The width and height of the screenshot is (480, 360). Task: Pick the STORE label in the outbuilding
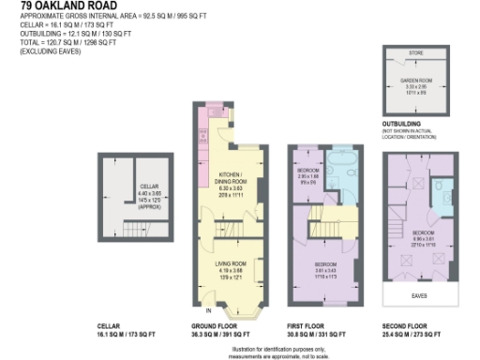click(414, 53)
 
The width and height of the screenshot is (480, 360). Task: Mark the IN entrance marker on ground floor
click(208, 308)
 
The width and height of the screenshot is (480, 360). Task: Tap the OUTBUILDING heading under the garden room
click(407, 123)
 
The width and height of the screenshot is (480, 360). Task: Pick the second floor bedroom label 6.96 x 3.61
click(423, 237)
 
